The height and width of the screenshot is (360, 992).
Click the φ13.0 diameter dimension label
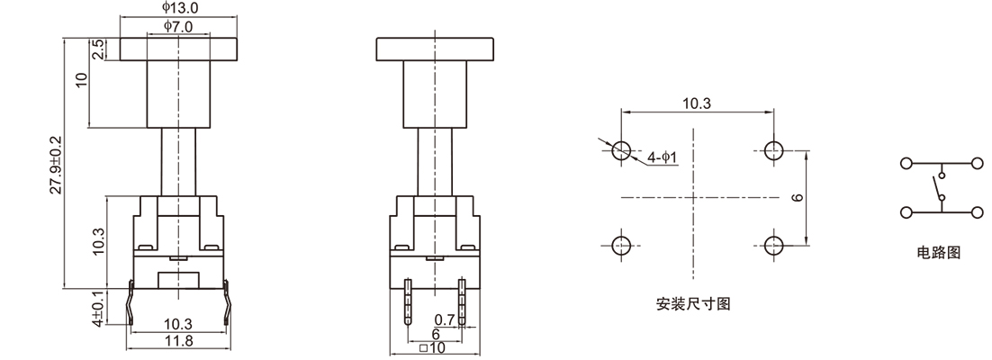coord(180,7)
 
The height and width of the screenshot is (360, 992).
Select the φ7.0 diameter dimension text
coord(180,28)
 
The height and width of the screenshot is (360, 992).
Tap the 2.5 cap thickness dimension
coord(97,49)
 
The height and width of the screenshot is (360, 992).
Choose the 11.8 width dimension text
coord(176,341)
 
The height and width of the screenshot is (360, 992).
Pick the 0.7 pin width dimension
coord(445,319)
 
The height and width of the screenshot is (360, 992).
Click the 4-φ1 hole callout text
coord(663,158)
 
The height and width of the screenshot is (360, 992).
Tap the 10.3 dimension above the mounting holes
coord(697,103)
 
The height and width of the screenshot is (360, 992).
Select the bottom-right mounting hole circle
coord(771,245)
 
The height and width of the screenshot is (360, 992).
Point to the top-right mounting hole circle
coord(771,150)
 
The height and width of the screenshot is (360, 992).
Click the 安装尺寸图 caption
coord(693,303)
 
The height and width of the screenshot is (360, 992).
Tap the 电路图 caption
coord(939,254)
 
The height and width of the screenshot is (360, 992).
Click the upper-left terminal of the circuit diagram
coord(906,164)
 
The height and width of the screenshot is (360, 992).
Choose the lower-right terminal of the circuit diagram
coord(977,212)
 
